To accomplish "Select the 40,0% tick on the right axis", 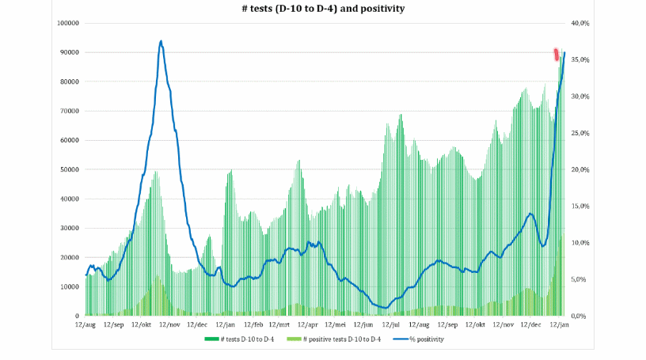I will [581, 23].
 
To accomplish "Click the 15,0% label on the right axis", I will [581, 206].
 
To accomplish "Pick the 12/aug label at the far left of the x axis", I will [85, 324].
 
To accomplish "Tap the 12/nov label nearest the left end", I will [169, 324].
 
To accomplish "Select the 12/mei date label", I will [336, 324].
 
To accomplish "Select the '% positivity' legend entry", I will [426, 339].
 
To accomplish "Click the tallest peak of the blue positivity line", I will [161, 41].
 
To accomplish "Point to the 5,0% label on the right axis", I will [581, 279].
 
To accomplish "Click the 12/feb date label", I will [253, 324].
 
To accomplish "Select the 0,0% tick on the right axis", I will [581, 316].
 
